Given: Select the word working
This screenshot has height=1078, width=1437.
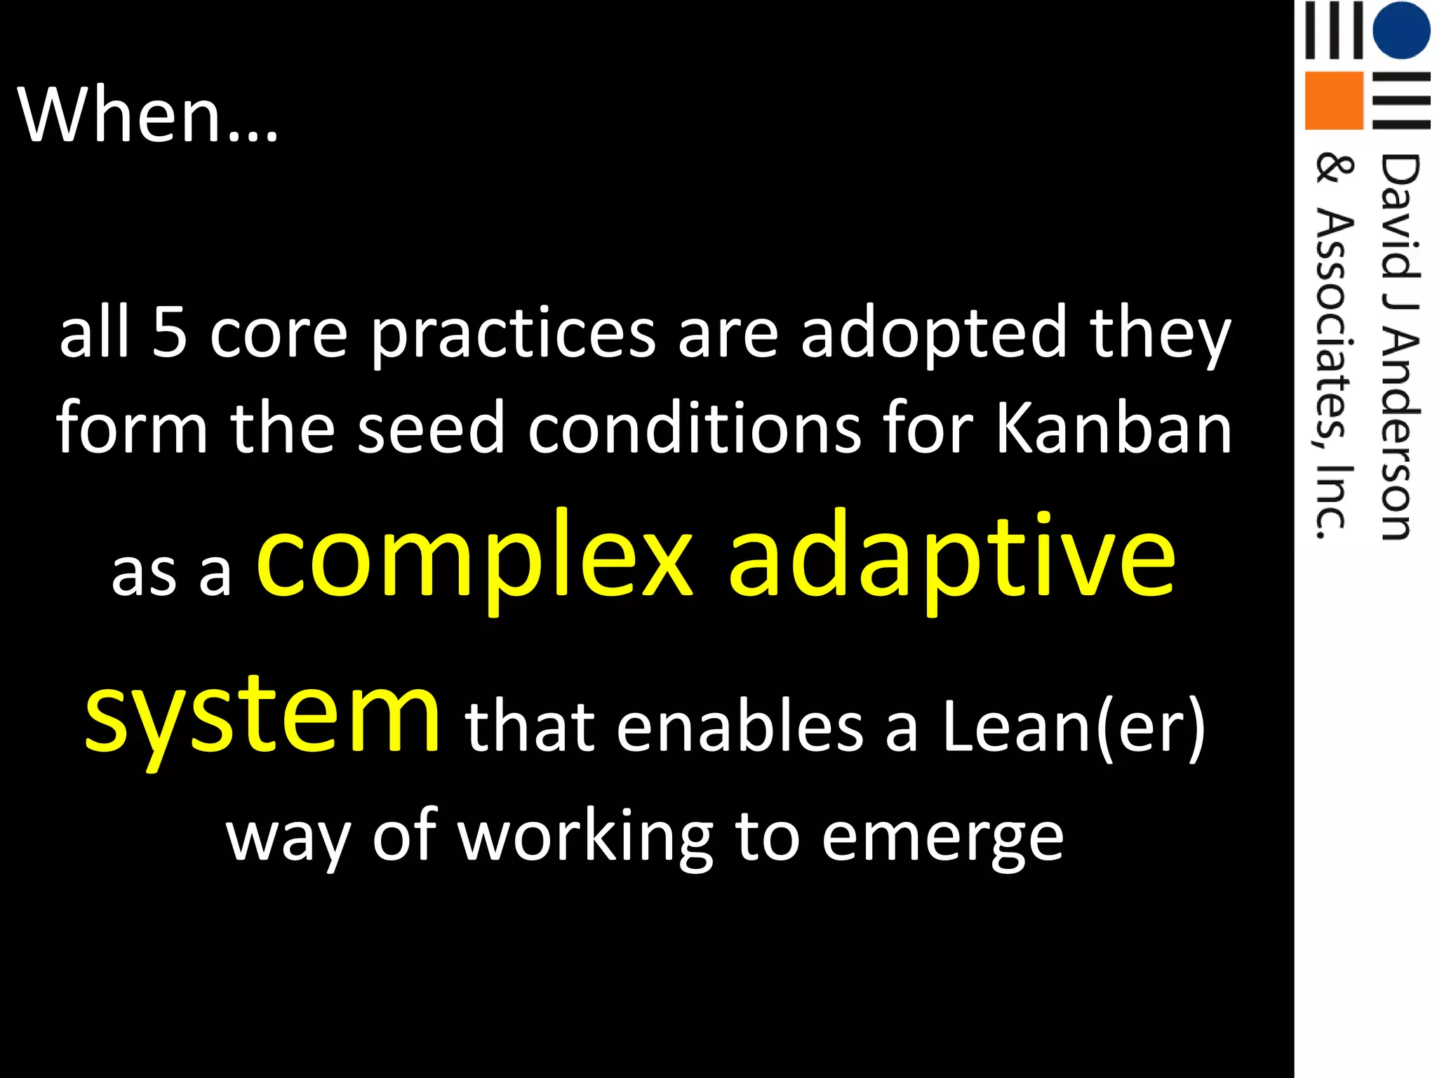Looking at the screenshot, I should pos(585,839).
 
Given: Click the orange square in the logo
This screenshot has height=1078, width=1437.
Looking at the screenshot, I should pos(1333,100).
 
